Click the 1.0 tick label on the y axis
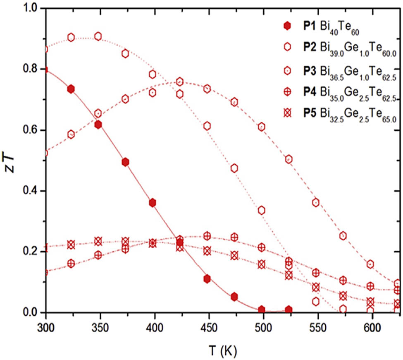(29, 8)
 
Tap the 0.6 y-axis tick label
(29, 130)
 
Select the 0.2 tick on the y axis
(29, 252)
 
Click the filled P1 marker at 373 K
(126, 162)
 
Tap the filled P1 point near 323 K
(71, 89)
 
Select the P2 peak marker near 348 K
(98, 36)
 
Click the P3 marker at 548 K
(316, 202)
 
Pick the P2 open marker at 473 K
(234, 168)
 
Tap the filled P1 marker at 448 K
(207, 279)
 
